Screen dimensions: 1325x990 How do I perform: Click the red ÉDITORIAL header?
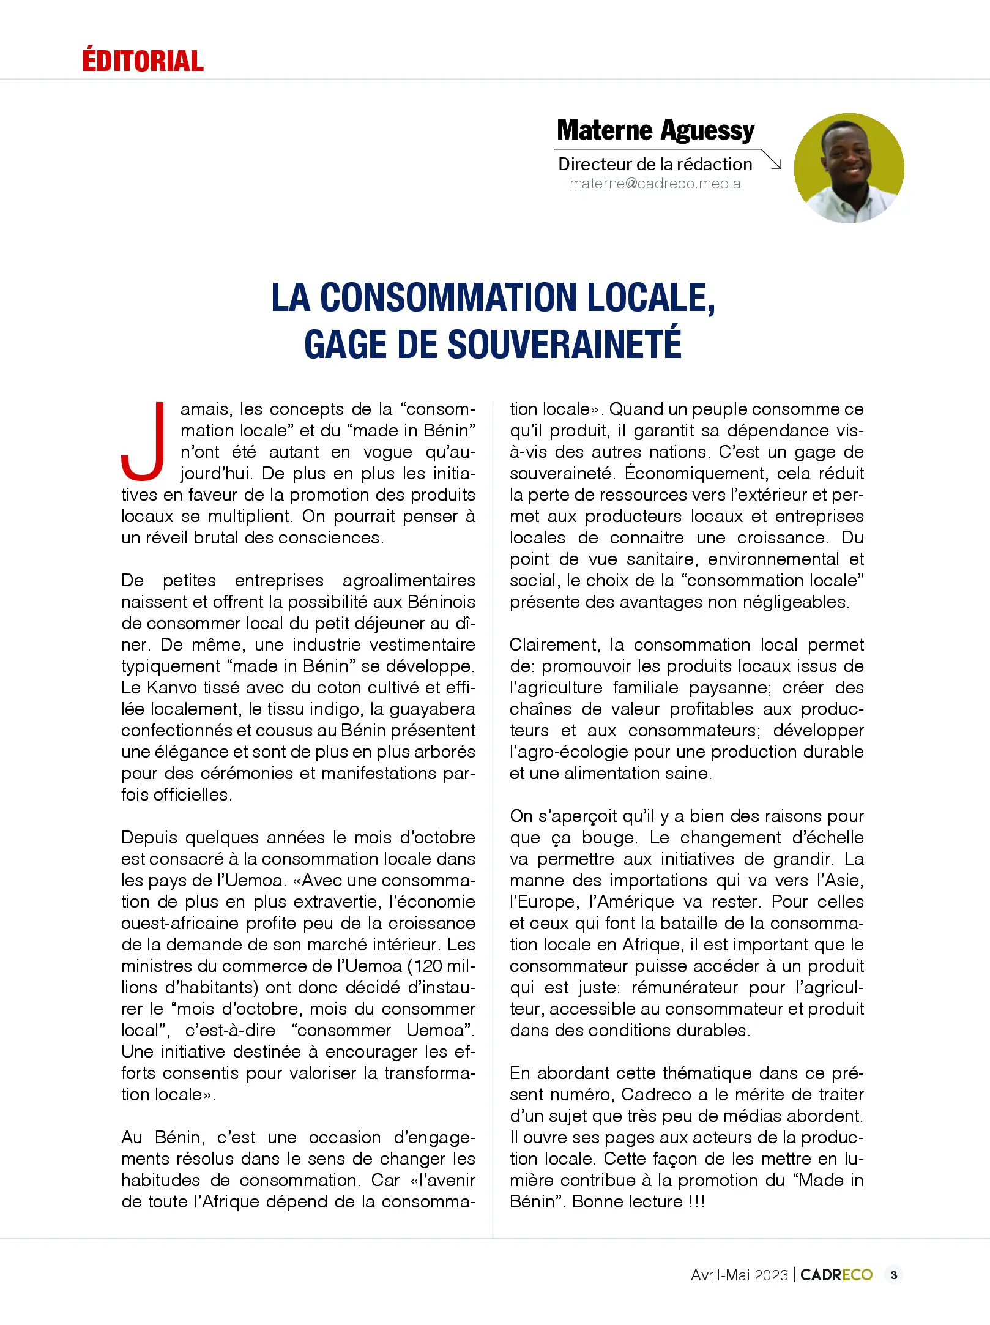point(143,61)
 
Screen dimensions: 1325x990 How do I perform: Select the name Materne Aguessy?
point(655,130)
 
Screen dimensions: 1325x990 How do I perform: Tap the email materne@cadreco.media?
point(655,184)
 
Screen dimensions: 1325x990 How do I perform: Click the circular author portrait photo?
point(849,168)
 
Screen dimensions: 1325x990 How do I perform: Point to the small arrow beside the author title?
point(773,161)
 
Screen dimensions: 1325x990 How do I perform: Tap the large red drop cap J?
point(144,441)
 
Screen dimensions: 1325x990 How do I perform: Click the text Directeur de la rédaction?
point(655,164)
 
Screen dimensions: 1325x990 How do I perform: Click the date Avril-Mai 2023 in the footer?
point(739,1275)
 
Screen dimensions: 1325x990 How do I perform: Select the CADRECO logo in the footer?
point(836,1275)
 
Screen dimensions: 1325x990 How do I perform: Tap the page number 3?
point(894,1275)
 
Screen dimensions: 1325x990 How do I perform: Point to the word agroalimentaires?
point(408,580)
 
